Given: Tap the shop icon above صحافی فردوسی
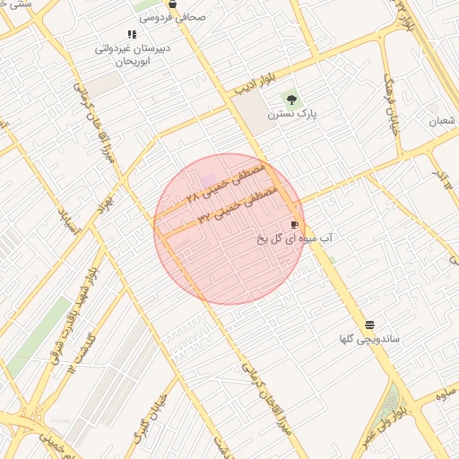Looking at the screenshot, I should pos(172,4).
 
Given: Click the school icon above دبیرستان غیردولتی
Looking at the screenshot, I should pos(132,35).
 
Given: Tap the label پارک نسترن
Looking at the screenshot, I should pos(298,115).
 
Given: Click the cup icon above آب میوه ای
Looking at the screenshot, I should pos(294,224).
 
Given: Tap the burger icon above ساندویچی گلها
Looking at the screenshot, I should pos(369,324).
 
